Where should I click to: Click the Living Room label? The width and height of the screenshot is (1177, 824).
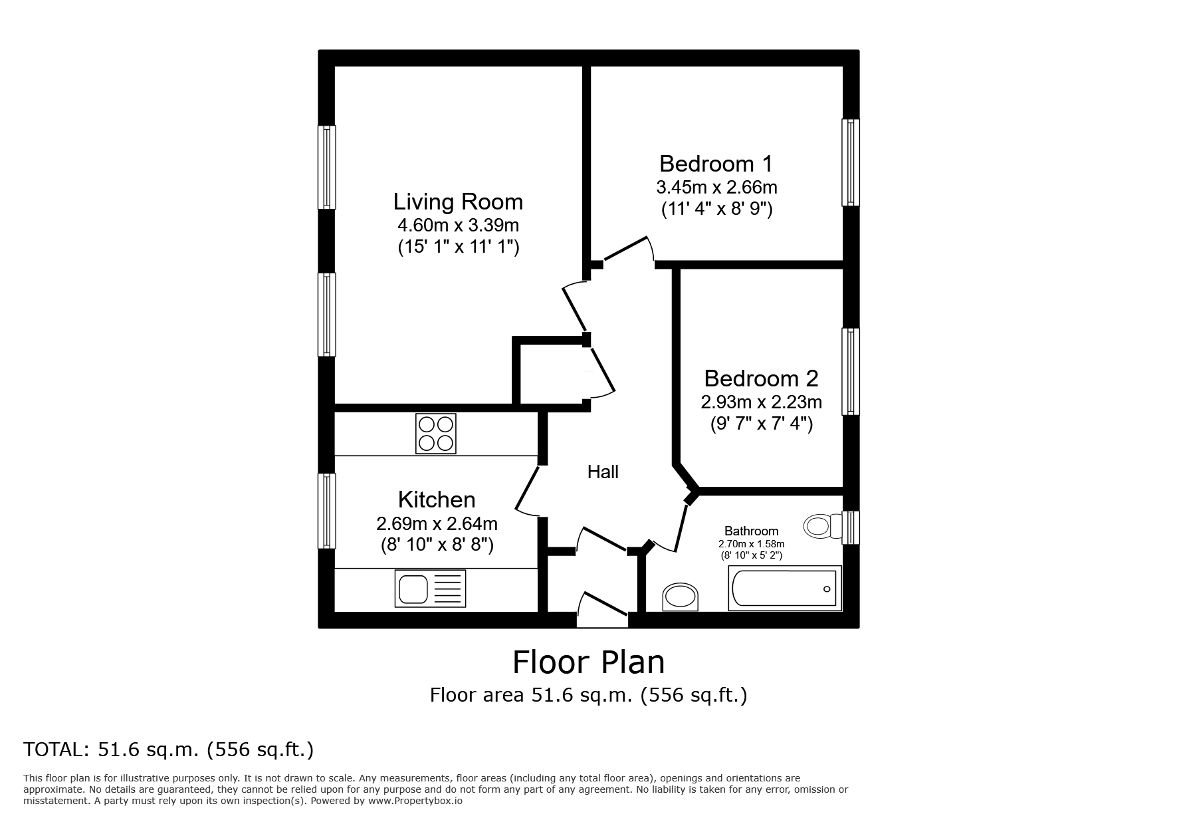pos(458,202)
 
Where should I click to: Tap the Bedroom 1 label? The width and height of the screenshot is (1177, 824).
pos(716,164)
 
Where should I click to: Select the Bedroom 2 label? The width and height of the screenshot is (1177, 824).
pos(761,378)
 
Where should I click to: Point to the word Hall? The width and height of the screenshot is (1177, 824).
pos(603,472)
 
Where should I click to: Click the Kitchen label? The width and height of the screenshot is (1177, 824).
pos(437,499)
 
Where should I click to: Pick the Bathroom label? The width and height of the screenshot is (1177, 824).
pos(751,531)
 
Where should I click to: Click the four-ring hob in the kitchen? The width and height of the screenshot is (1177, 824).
pos(436,434)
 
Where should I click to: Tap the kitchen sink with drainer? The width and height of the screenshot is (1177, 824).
pos(430,589)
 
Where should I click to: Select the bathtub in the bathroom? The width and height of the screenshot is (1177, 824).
pos(785,588)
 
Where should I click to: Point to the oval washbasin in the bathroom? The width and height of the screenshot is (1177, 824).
pos(681,597)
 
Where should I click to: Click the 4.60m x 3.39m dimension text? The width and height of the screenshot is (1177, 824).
pos(458,225)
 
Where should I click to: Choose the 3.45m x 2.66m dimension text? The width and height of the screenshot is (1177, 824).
pos(716,187)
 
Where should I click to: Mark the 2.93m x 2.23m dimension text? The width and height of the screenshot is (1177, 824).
pos(761,402)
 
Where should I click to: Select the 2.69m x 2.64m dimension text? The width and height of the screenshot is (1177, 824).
pos(437,523)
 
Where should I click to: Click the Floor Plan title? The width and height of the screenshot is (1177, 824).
pos(588,662)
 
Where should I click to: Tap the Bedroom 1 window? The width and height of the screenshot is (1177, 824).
pos(851,162)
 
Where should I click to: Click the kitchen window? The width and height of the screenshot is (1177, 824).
pos(326,511)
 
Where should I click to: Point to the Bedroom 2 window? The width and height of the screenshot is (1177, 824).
pos(851,372)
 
